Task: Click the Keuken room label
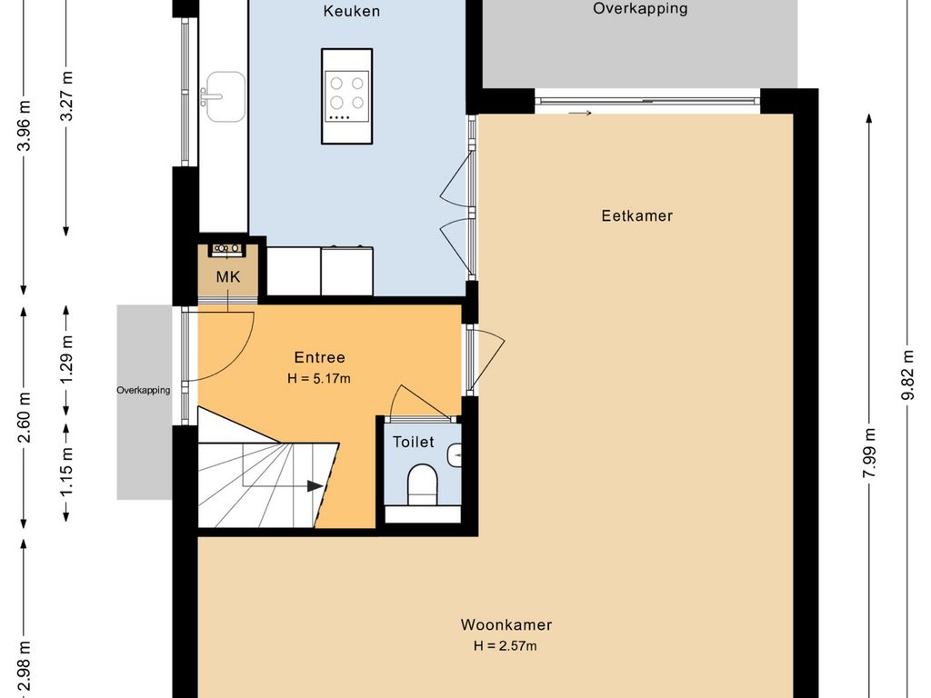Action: pyautogui.click(x=352, y=11)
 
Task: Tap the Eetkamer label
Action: pyautogui.click(x=637, y=215)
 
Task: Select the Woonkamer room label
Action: pyautogui.click(x=506, y=624)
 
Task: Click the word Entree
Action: pyautogui.click(x=319, y=357)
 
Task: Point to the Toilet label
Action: pyautogui.click(x=414, y=442)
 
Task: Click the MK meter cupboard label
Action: pyautogui.click(x=228, y=276)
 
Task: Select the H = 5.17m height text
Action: pyautogui.click(x=319, y=378)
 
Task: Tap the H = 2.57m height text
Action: pyautogui.click(x=506, y=646)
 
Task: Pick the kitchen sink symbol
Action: pyautogui.click(x=224, y=96)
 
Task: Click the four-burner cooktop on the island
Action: pyautogui.click(x=347, y=96)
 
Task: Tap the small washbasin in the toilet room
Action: pyautogui.click(x=455, y=455)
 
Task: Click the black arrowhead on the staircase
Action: pyautogui.click(x=315, y=487)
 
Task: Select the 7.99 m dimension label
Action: pyautogui.click(x=870, y=453)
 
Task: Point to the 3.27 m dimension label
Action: pyautogui.click(x=66, y=96)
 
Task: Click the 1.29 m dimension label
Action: pyautogui.click(x=66, y=360)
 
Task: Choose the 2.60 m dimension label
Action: pyautogui.click(x=25, y=418)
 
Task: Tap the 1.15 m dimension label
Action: pyautogui.click(x=66, y=471)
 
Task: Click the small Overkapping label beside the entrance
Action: pyautogui.click(x=143, y=390)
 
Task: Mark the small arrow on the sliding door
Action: pyautogui.click(x=580, y=113)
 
